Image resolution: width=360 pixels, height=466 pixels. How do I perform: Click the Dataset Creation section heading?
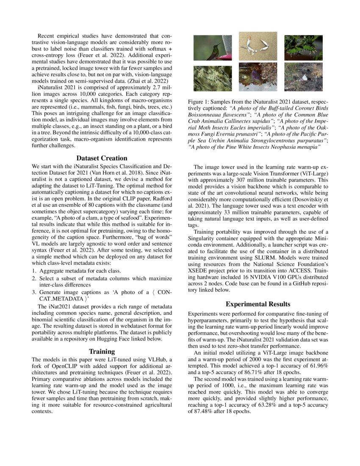pos(102,158)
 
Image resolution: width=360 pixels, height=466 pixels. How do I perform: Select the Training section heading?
pos(102,351)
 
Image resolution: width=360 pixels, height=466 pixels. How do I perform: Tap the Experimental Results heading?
pos(258,304)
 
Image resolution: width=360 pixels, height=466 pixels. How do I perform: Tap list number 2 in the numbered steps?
pos(35,278)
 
